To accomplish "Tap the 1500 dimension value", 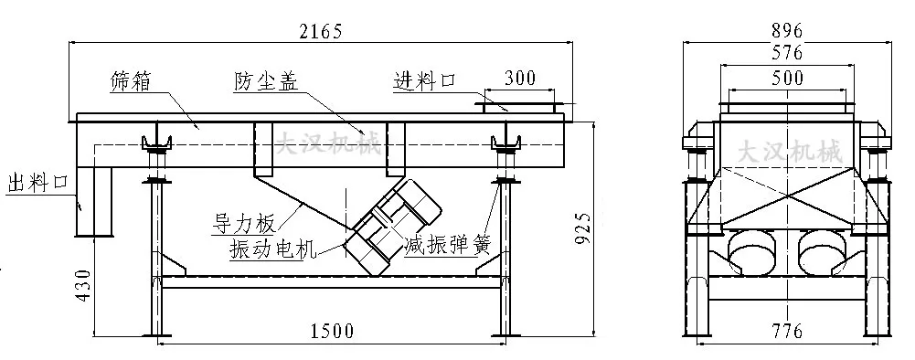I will pyautogui.click(x=330, y=331).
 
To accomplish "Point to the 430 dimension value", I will pyautogui.click(x=83, y=286).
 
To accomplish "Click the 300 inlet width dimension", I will pyautogui.click(x=519, y=79).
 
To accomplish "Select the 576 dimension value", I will pyautogui.click(x=786, y=53).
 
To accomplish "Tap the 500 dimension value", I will pyautogui.click(x=786, y=79).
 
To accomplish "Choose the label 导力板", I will pyautogui.click(x=242, y=219).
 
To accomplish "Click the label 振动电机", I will pyautogui.click(x=265, y=248).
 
